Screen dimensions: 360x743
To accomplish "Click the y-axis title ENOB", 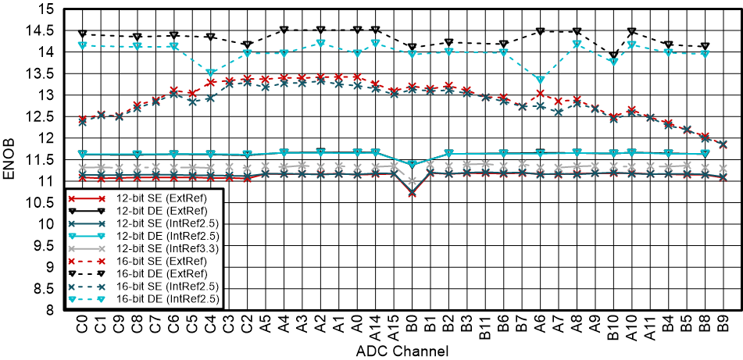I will click(x=10, y=159).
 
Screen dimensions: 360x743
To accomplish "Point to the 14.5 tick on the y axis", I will click(x=42, y=31).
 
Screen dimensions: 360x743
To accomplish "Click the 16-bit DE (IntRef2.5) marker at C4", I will click(x=210, y=73).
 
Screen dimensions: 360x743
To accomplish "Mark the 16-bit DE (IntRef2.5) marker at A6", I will click(x=541, y=80).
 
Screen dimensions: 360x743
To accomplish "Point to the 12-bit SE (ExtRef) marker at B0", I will click(x=412, y=193).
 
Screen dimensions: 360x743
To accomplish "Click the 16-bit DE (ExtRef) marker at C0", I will click(x=82, y=34).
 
